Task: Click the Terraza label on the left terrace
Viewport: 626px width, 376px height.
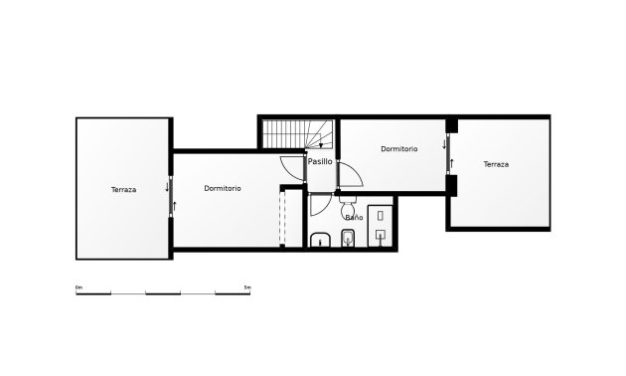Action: click(124, 189)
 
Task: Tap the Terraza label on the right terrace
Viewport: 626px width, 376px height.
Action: click(496, 164)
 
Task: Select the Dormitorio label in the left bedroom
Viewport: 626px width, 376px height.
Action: click(223, 188)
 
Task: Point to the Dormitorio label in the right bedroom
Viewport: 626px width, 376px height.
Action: click(398, 148)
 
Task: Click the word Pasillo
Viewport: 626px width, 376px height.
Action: click(320, 161)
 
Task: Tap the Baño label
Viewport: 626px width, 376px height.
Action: click(353, 216)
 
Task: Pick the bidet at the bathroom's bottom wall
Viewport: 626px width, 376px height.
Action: click(347, 238)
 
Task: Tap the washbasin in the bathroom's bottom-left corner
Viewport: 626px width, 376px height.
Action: click(321, 240)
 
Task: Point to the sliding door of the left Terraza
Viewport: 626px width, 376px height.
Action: click(172, 194)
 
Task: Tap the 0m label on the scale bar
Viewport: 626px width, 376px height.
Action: click(78, 287)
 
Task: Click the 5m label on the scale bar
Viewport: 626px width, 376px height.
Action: click(248, 287)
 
